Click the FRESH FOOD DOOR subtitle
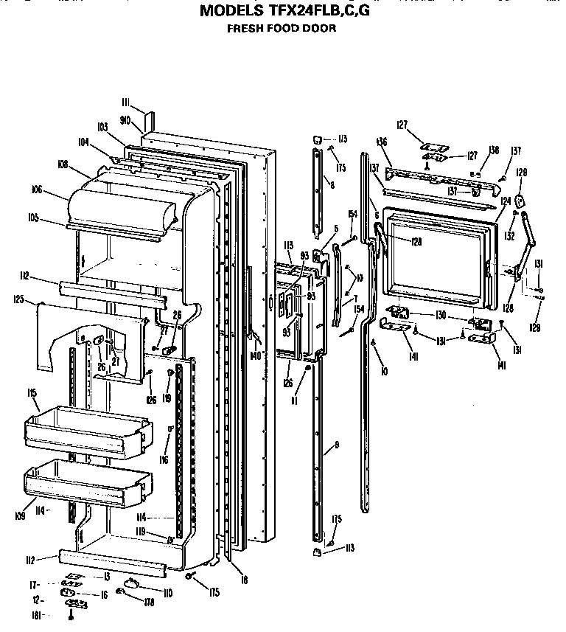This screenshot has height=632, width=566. click(280, 29)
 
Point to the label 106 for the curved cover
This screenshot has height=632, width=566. click(38, 189)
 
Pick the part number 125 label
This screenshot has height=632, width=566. click(19, 299)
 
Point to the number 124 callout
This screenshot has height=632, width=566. click(506, 199)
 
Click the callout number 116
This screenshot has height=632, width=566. click(164, 460)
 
